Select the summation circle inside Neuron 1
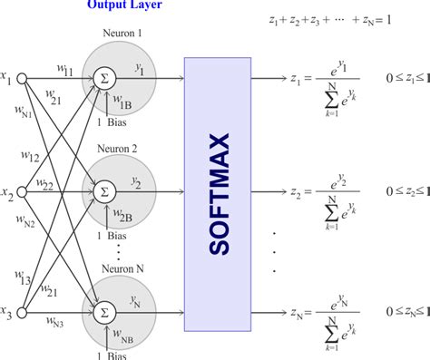[x=104, y=79]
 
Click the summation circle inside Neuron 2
[x=104, y=191]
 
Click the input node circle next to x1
[x=24, y=79]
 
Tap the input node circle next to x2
[x=24, y=191]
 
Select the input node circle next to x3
[x=24, y=316]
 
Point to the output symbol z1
[x=297, y=78]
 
